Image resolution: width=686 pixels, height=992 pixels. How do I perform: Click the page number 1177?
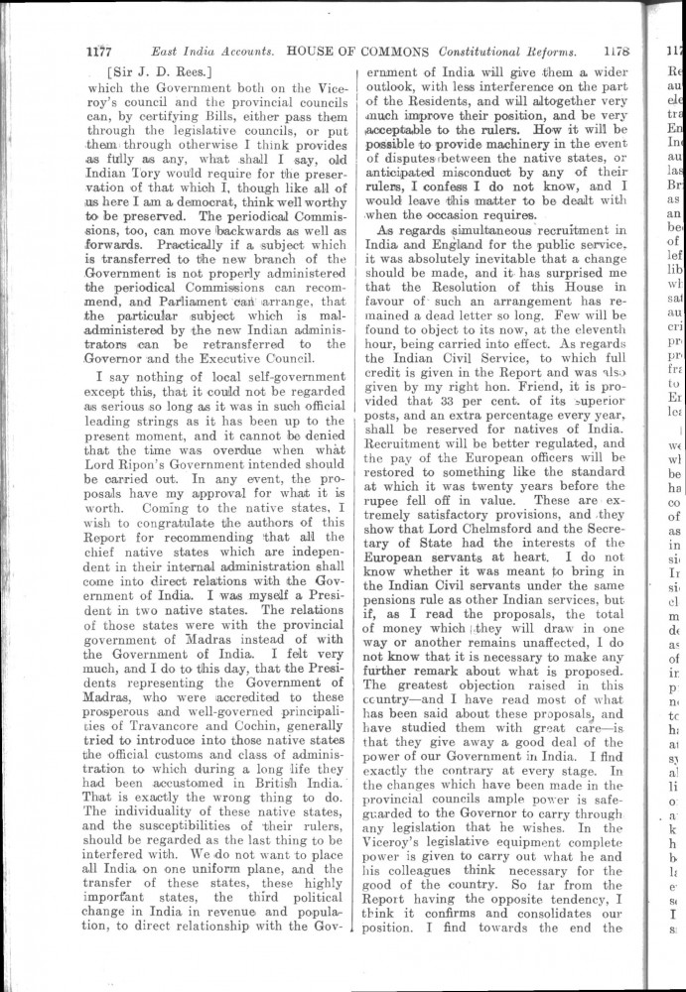point(100,52)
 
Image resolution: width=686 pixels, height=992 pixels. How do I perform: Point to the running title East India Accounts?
point(212,52)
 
